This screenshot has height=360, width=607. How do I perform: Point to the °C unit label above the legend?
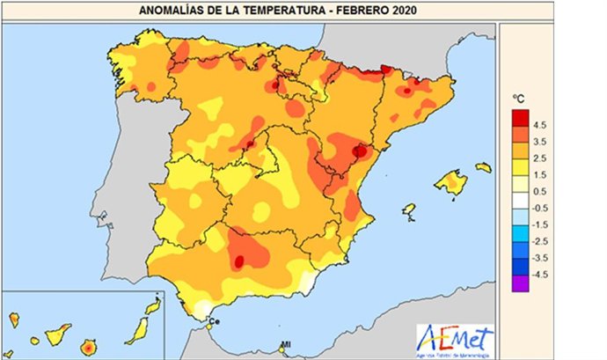point(519,99)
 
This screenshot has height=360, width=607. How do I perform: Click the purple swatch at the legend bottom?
point(520,283)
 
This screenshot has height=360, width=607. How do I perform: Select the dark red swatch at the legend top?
point(520,116)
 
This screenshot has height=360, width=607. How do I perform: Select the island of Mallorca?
point(450,183)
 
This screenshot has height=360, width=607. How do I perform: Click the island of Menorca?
point(483,167)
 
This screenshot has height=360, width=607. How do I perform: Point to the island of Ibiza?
point(408,211)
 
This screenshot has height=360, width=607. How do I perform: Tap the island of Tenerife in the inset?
point(59,334)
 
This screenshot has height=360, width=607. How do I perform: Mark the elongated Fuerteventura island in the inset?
point(135,330)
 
